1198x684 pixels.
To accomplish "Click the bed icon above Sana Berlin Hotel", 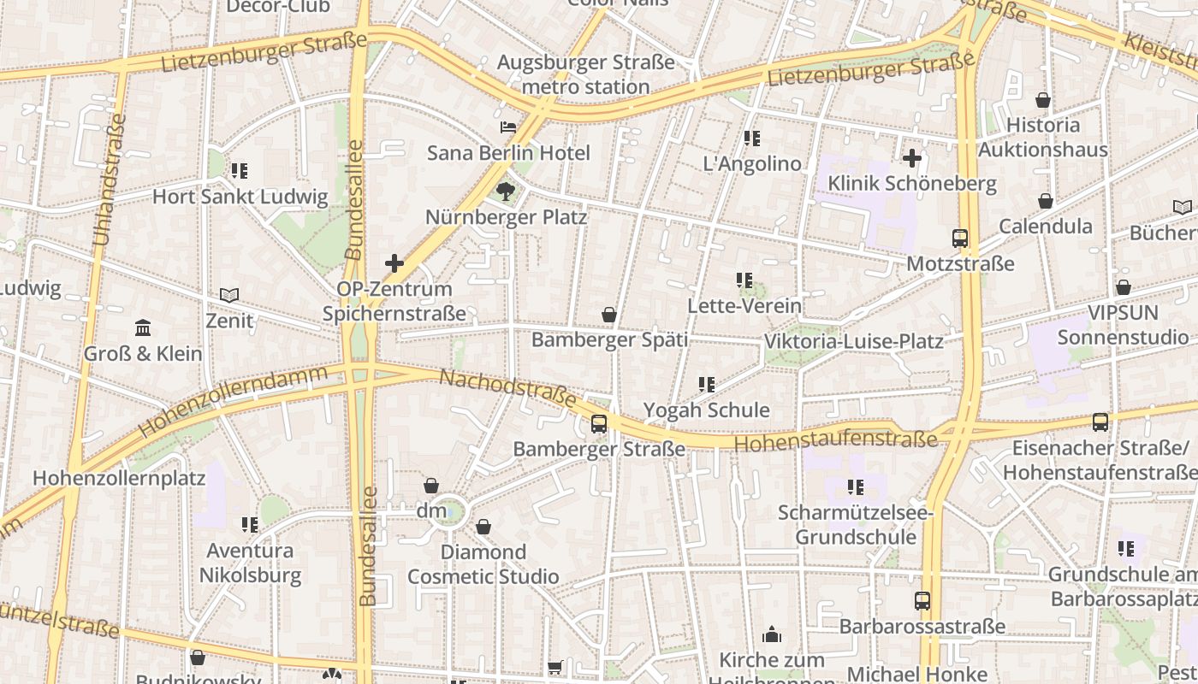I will (x=507, y=127).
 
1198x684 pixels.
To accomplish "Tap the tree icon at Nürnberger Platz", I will (x=506, y=192).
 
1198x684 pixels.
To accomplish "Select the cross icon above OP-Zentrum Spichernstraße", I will (x=394, y=263).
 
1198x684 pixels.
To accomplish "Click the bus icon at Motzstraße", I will (x=960, y=239).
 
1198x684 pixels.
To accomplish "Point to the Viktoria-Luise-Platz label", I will (x=853, y=341).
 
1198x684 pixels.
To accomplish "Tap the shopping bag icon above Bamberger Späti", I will (x=609, y=315).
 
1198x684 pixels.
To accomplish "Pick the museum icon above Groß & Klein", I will (x=143, y=327).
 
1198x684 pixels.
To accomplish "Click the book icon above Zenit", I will (x=229, y=295).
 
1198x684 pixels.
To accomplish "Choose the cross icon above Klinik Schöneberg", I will (x=912, y=157).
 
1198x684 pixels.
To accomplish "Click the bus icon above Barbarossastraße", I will (x=922, y=601).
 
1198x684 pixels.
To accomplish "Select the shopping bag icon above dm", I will (x=431, y=485).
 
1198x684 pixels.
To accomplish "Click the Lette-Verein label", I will (x=744, y=305).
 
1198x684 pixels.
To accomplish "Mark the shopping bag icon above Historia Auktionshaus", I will (x=1043, y=99).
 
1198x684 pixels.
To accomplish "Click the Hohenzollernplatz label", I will (x=119, y=477).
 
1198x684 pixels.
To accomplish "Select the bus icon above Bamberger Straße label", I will (x=599, y=423).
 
